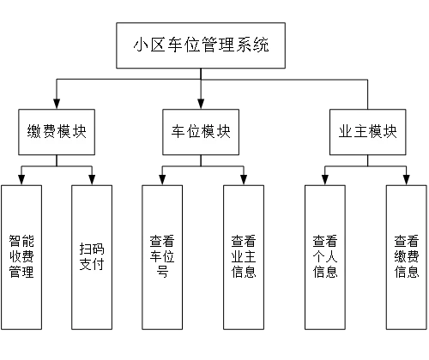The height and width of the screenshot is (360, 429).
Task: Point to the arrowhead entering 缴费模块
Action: point(57,104)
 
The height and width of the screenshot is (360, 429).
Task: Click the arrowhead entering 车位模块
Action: point(201,104)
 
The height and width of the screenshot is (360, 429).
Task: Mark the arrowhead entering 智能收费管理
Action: point(21,180)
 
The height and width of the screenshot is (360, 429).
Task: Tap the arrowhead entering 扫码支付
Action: point(92,180)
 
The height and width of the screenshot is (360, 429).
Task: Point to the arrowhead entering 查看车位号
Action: point(162,180)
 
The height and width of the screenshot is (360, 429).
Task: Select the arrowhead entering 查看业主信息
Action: point(244,180)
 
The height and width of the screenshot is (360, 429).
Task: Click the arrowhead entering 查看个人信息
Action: point(325,180)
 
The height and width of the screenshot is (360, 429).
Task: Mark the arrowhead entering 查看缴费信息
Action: point(407,180)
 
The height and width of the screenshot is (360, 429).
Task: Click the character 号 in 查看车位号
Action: point(162,271)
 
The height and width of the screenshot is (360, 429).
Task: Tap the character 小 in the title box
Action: point(141,45)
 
